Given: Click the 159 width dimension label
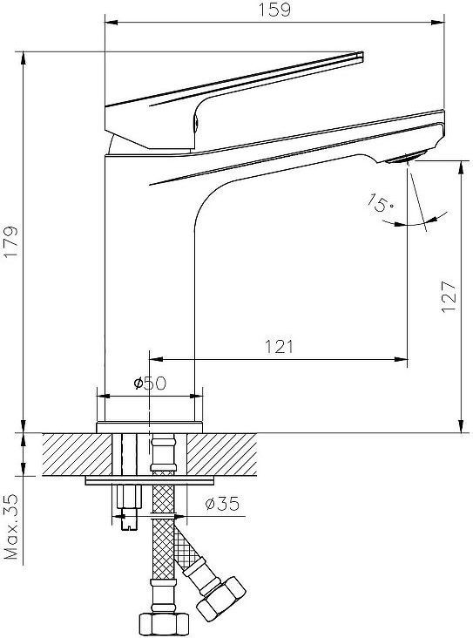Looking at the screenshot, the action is [x=275, y=10].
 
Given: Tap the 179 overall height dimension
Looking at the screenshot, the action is [x=11, y=241].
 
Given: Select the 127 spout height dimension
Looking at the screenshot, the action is [x=449, y=295].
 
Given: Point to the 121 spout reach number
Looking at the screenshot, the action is [x=279, y=346].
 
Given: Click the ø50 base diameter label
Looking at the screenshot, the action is [x=150, y=383].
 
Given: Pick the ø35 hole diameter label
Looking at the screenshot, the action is [x=222, y=504].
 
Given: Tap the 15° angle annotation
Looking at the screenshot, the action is [x=381, y=202].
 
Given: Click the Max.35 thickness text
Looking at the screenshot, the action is [x=11, y=527].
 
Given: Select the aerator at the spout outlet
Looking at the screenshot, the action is [x=406, y=157].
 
